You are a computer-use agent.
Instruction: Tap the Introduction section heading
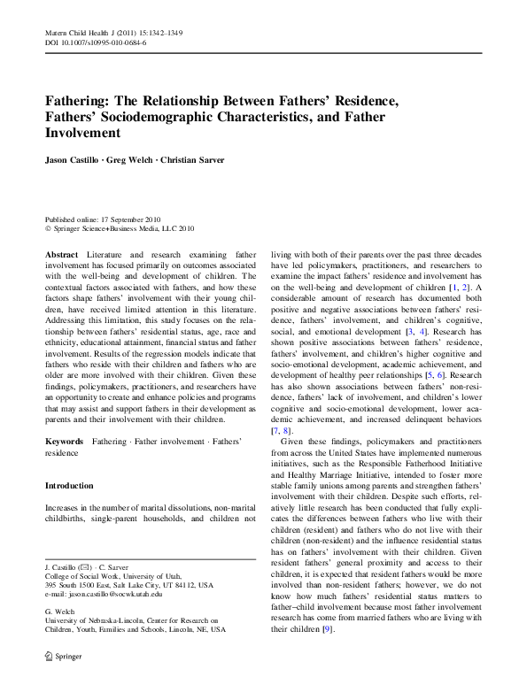click(x=69, y=486)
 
